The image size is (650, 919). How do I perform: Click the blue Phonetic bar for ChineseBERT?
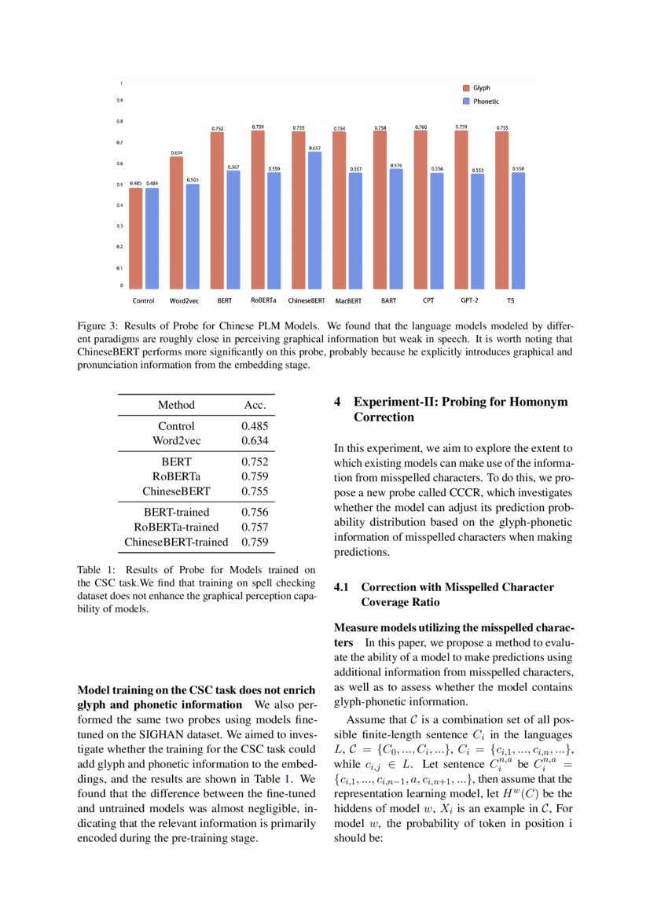point(314,220)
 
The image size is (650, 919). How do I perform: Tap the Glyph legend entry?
point(481,88)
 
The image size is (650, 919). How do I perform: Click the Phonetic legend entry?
point(485,101)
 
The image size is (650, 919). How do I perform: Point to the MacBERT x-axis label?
point(348,300)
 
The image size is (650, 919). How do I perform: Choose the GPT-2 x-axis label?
point(471,300)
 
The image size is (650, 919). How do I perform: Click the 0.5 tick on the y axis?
point(119,185)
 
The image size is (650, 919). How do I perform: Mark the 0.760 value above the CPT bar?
point(420,127)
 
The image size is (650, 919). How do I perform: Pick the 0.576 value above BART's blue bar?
point(396,166)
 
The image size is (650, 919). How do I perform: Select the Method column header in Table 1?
point(176,405)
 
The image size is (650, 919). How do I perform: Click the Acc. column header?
point(255,405)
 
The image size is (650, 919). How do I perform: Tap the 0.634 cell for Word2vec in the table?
point(255,440)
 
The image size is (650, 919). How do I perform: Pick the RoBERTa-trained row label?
point(176,527)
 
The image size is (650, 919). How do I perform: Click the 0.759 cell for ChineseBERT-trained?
point(255,542)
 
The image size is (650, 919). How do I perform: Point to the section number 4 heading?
point(337,402)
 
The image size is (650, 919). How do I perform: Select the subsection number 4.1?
point(343,587)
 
